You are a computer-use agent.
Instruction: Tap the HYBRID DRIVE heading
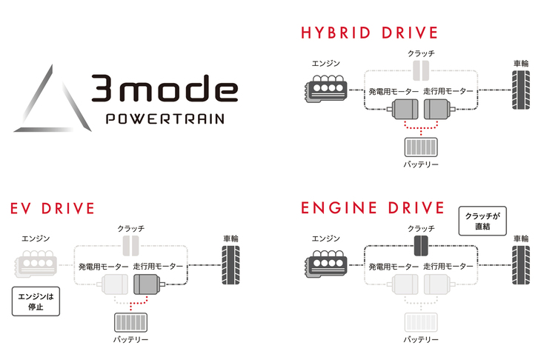[369, 33]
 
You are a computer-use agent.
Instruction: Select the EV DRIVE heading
[53, 208]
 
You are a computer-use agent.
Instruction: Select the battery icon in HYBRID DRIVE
[420, 146]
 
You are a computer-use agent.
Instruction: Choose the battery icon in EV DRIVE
[130, 322]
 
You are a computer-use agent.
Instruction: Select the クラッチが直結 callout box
[482, 221]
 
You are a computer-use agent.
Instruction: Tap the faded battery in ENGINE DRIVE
[420, 321]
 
